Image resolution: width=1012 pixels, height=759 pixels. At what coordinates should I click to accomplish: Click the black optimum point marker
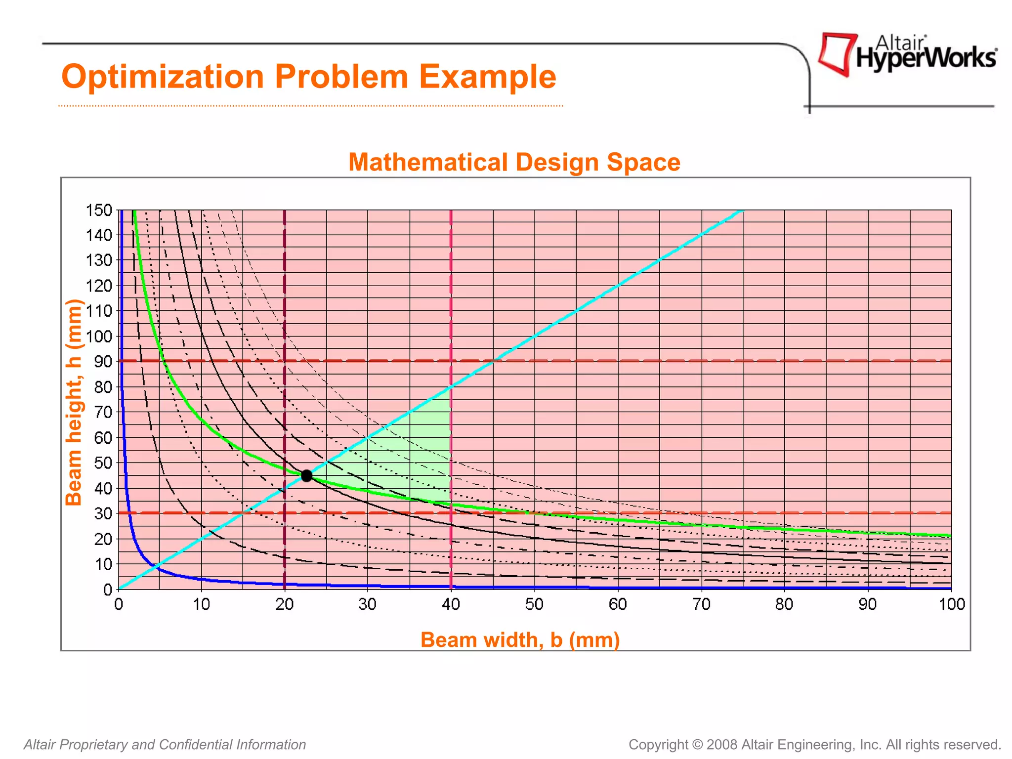point(306,476)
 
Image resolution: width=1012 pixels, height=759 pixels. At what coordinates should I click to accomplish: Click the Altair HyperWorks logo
point(907,54)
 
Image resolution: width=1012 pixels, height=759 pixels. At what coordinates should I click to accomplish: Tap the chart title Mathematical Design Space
point(514,162)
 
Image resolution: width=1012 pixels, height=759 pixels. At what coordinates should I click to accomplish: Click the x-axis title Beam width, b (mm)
point(520,639)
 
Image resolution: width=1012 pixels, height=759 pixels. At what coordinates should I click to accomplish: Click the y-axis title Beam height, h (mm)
point(74,402)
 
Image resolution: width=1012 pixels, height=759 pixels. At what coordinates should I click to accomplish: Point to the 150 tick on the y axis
point(99,210)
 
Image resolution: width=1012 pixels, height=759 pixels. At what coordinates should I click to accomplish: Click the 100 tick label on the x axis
point(951,604)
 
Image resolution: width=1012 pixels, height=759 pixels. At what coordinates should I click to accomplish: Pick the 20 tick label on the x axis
point(285,604)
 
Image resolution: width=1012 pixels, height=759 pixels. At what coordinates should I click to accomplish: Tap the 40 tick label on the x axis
point(451,604)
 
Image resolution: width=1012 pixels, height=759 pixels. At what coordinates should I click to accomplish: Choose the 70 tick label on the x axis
point(701,604)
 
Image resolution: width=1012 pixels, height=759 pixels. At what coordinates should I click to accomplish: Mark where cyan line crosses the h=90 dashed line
point(493,361)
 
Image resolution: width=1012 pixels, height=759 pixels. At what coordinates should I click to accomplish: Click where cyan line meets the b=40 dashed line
point(451,387)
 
